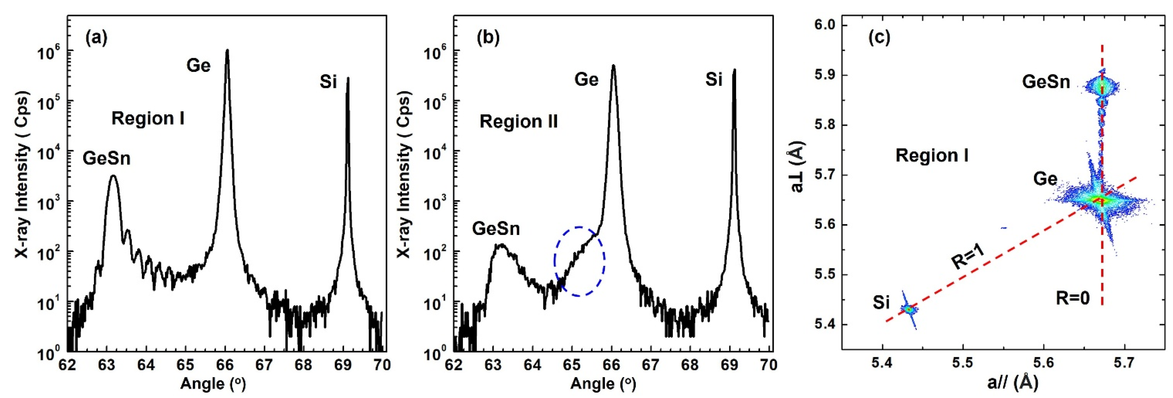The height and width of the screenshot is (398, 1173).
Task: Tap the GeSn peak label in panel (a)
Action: point(106,159)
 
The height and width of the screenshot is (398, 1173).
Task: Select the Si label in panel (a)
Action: point(328,82)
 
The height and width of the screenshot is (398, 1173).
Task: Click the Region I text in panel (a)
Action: point(148,119)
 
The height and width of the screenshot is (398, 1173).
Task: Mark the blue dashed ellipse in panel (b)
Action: point(579,261)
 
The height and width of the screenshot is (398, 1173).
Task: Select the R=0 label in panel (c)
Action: point(1073,299)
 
